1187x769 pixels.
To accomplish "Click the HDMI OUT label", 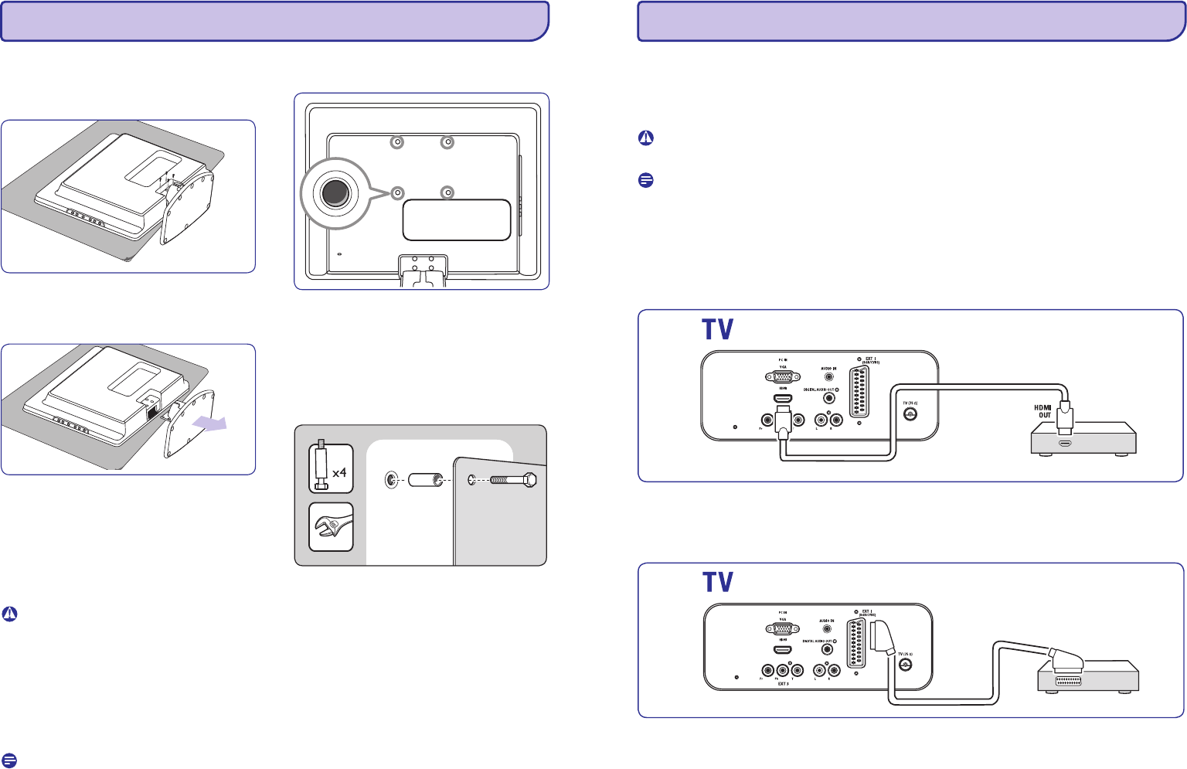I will [1043, 411].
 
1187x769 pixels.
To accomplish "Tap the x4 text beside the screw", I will [339, 472].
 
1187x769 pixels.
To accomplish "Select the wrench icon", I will [331, 527].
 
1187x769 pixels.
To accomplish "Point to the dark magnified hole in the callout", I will [334, 193].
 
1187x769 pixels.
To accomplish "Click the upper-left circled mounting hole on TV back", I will [396, 142].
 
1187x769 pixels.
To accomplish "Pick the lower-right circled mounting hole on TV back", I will [446, 192].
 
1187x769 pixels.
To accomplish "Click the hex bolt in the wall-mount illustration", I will [513, 480].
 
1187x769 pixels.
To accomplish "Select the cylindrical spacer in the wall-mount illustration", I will [423, 480].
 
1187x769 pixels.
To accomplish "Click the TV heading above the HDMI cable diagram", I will [717, 330].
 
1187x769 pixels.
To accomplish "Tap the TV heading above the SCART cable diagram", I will [717, 583].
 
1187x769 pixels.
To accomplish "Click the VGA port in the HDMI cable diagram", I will [783, 376].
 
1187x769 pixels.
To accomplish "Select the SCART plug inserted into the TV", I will [881, 641].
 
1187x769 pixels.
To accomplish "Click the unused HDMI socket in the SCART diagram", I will [783, 650].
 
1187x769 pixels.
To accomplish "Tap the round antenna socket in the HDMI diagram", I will [910, 415].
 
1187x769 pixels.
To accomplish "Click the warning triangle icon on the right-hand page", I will [646, 138].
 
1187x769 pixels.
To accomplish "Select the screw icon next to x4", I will [321, 468].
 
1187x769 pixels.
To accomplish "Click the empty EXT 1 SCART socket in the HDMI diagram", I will [859, 392].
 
